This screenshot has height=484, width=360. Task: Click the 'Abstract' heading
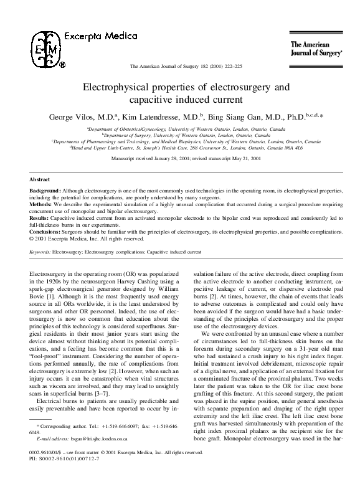point(40,179)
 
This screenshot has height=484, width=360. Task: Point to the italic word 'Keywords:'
point(40,252)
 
